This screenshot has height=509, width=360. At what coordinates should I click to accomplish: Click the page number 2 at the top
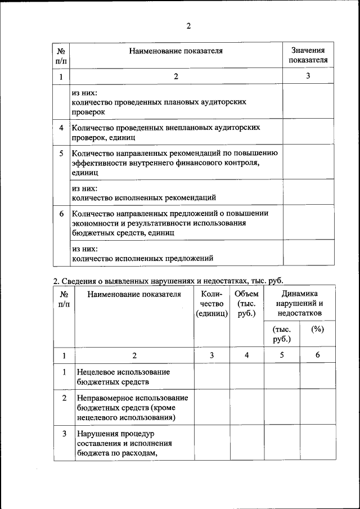pos(189,26)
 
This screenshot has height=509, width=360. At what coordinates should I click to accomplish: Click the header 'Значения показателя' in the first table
pos(308,55)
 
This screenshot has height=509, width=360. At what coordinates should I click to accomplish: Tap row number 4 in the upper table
pos(61,128)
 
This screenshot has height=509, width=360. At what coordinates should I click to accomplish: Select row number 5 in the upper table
pos(61,153)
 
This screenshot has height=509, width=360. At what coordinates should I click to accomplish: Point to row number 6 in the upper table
pos(61,214)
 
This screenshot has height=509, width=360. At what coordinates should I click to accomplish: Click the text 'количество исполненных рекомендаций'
pos(143,197)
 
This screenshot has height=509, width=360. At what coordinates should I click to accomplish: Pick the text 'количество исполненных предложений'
pos(142,259)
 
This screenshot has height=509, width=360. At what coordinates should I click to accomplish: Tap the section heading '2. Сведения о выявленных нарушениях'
pos(168,280)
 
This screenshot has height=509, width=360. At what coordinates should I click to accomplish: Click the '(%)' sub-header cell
pos(317,330)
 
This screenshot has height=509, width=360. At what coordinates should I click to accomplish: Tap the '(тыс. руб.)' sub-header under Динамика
pos(281,334)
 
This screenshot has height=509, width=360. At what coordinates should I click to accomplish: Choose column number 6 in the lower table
pos(317,355)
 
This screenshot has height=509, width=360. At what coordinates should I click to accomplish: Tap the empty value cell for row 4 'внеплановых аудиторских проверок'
pos(308,132)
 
